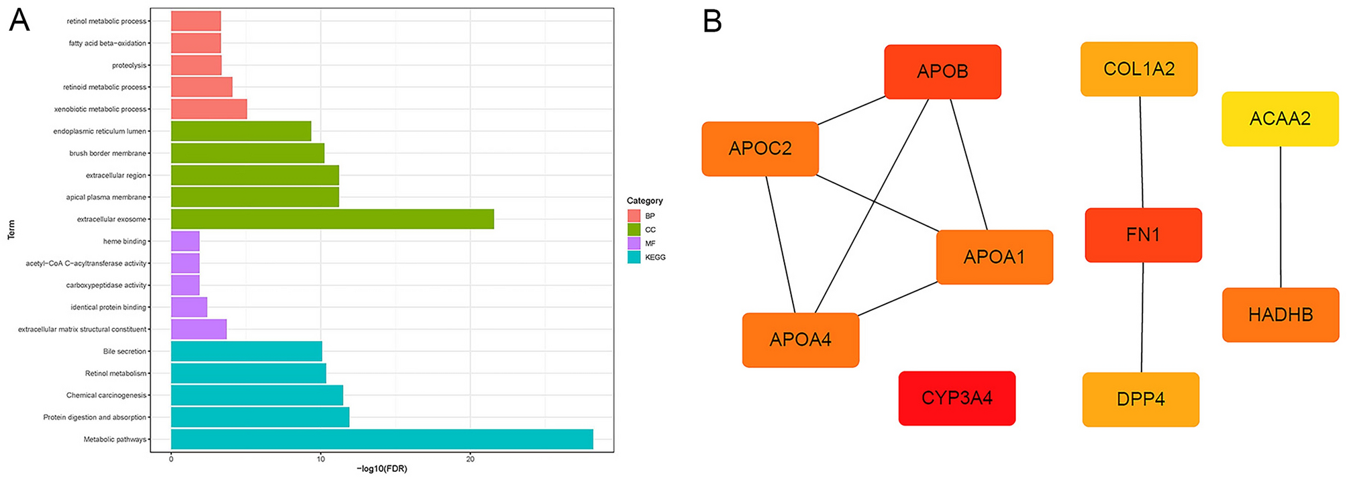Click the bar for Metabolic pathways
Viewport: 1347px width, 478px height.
pyautogui.click(x=382, y=439)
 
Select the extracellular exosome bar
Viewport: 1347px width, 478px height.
pyautogui.click(x=332, y=219)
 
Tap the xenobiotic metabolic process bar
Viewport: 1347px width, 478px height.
pyautogui.click(x=209, y=109)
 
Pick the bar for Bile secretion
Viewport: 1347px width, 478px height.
pyautogui.click(x=246, y=351)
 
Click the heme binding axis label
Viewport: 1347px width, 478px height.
pyautogui.click(x=124, y=241)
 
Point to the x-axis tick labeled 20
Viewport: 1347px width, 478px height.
pyautogui.click(x=470, y=459)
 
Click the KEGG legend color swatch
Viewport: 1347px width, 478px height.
pyautogui.click(x=634, y=257)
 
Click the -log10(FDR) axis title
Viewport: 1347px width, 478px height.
pyautogui.click(x=381, y=469)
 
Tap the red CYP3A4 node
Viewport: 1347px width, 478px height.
pyautogui.click(x=956, y=398)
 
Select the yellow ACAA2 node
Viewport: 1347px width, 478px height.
pyautogui.click(x=1279, y=119)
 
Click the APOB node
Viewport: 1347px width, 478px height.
pyautogui.click(x=942, y=72)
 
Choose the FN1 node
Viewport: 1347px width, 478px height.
pyautogui.click(x=1142, y=235)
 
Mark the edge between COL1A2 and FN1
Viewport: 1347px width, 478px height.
pyautogui.click(x=1141, y=152)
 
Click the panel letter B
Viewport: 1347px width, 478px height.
pyautogui.click(x=712, y=21)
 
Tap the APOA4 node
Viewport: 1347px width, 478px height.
pyautogui.click(x=800, y=340)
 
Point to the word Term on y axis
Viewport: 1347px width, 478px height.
pyautogui.click(x=11, y=230)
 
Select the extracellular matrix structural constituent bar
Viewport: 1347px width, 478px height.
pyautogui.click(x=199, y=329)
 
